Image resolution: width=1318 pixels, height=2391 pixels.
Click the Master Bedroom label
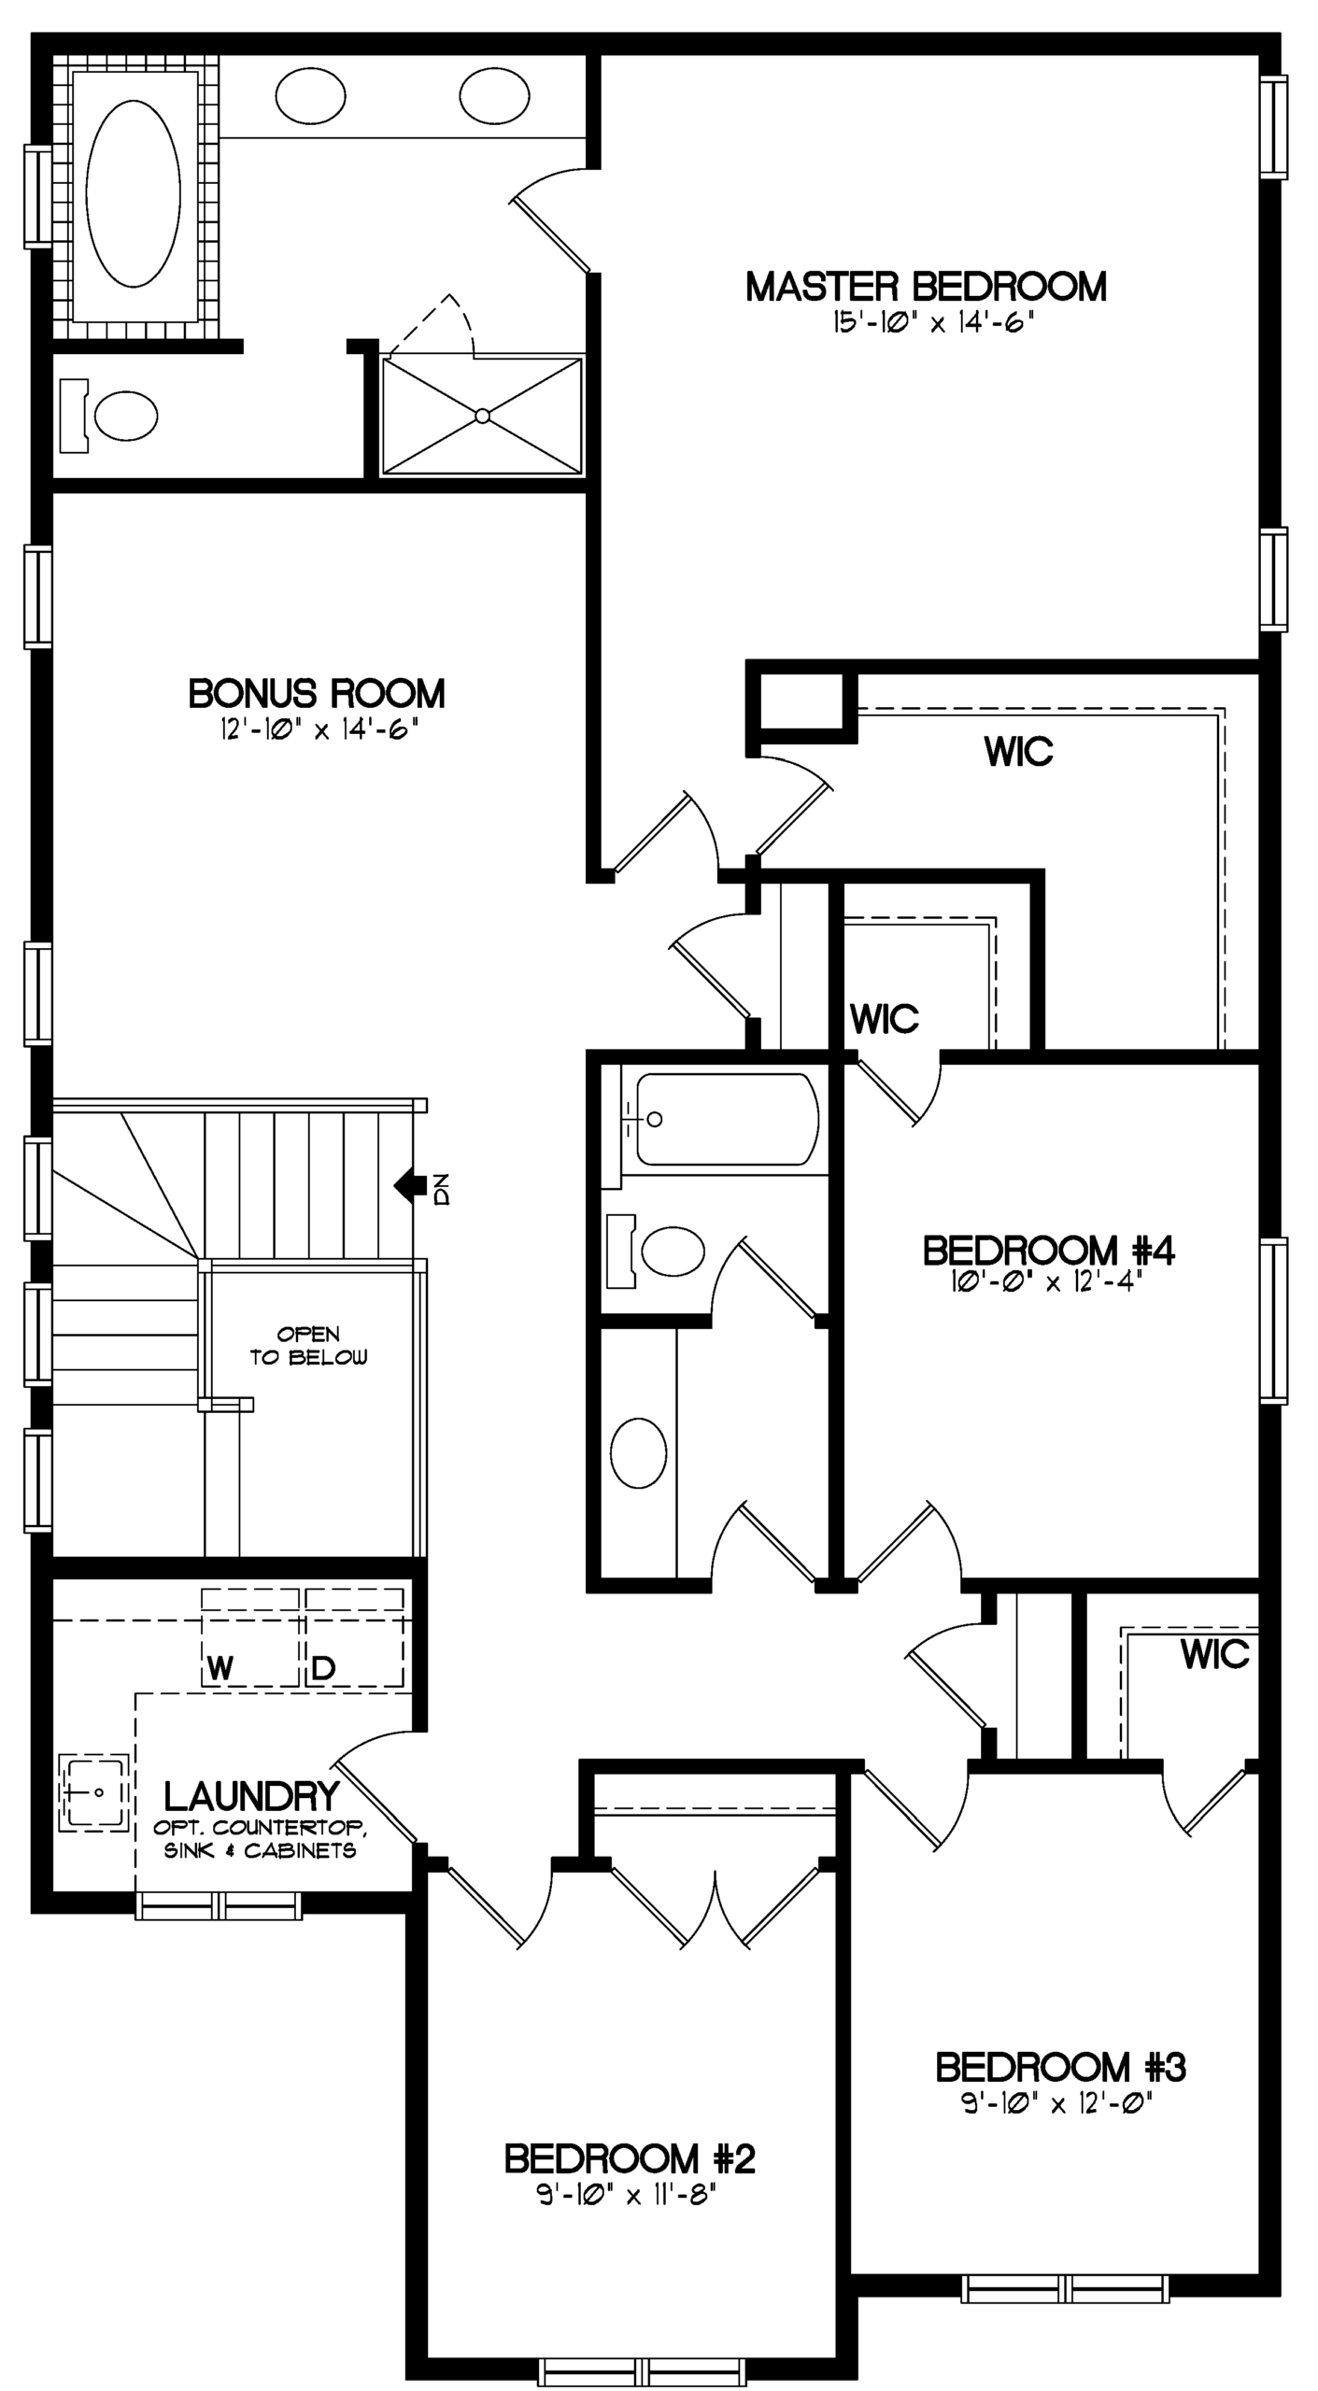(x=926, y=287)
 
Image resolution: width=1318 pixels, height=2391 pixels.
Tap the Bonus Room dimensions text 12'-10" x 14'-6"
(x=316, y=729)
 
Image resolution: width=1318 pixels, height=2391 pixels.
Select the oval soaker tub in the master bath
(x=134, y=193)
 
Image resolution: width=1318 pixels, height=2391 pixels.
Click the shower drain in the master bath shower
(x=482, y=416)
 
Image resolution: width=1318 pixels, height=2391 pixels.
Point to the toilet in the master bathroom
(x=109, y=416)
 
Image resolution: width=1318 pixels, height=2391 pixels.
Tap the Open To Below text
(x=308, y=1345)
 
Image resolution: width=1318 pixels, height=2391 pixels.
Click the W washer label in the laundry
(x=220, y=1668)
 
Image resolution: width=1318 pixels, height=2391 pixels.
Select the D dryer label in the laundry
(x=323, y=1668)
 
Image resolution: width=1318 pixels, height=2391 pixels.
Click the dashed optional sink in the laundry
(x=94, y=1792)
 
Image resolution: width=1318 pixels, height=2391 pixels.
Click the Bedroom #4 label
(x=1048, y=1250)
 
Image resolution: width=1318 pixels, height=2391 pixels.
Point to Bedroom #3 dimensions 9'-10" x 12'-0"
(x=1059, y=2103)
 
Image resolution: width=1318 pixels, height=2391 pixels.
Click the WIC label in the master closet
(x=1018, y=751)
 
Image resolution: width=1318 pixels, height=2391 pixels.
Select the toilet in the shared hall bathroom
(x=656, y=1251)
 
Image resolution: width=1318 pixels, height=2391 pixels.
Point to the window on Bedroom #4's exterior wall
(x=1273, y=1321)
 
